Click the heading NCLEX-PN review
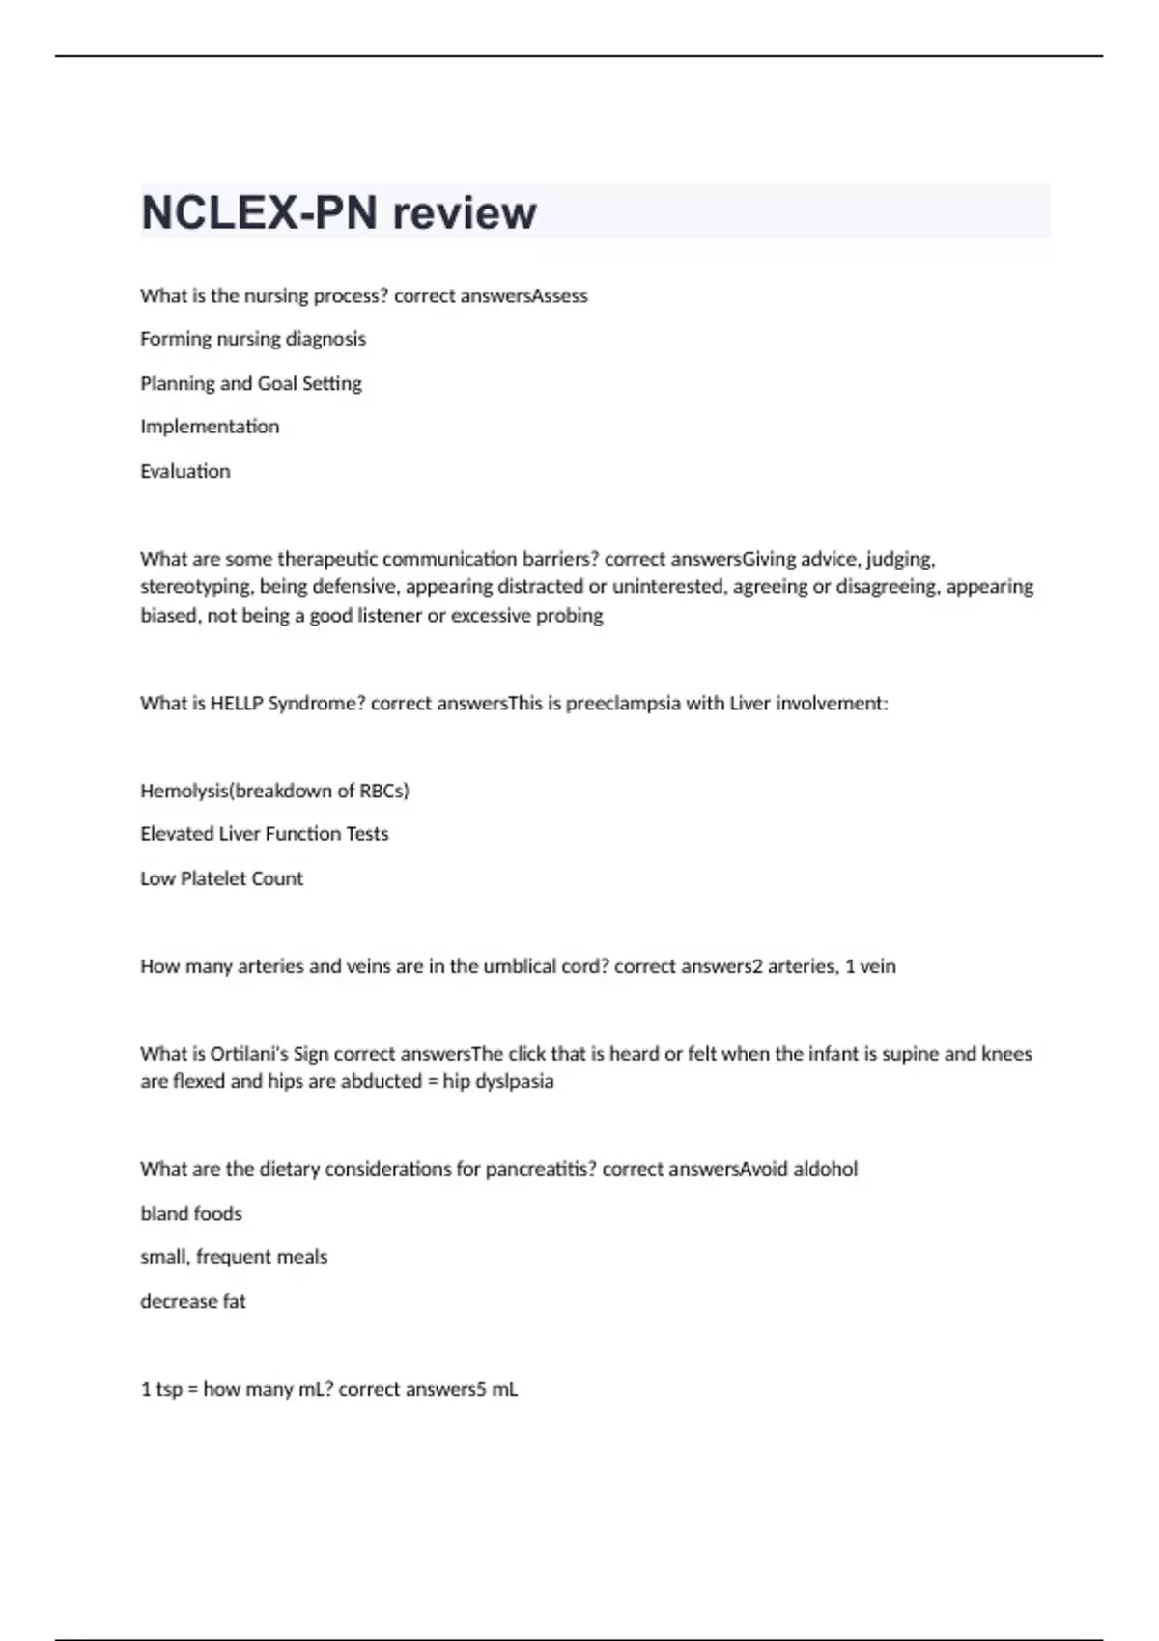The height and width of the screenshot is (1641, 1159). [x=338, y=212]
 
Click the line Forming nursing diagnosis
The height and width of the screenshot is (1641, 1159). [x=253, y=339]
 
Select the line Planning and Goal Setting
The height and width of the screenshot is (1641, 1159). [x=251, y=383]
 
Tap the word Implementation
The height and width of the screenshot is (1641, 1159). [x=210, y=427]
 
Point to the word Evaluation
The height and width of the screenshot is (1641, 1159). [x=185, y=471]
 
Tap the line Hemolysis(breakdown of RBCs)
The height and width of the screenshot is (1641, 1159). [x=274, y=791]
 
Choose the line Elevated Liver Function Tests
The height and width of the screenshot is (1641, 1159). [x=265, y=834]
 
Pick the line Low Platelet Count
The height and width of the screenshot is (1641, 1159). [x=221, y=878]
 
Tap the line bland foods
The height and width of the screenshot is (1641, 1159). [x=191, y=1213]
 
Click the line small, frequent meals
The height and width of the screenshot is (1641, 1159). [x=234, y=1257]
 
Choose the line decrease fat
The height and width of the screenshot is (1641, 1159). [x=193, y=1301]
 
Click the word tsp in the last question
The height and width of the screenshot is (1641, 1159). [x=169, y=1389]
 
